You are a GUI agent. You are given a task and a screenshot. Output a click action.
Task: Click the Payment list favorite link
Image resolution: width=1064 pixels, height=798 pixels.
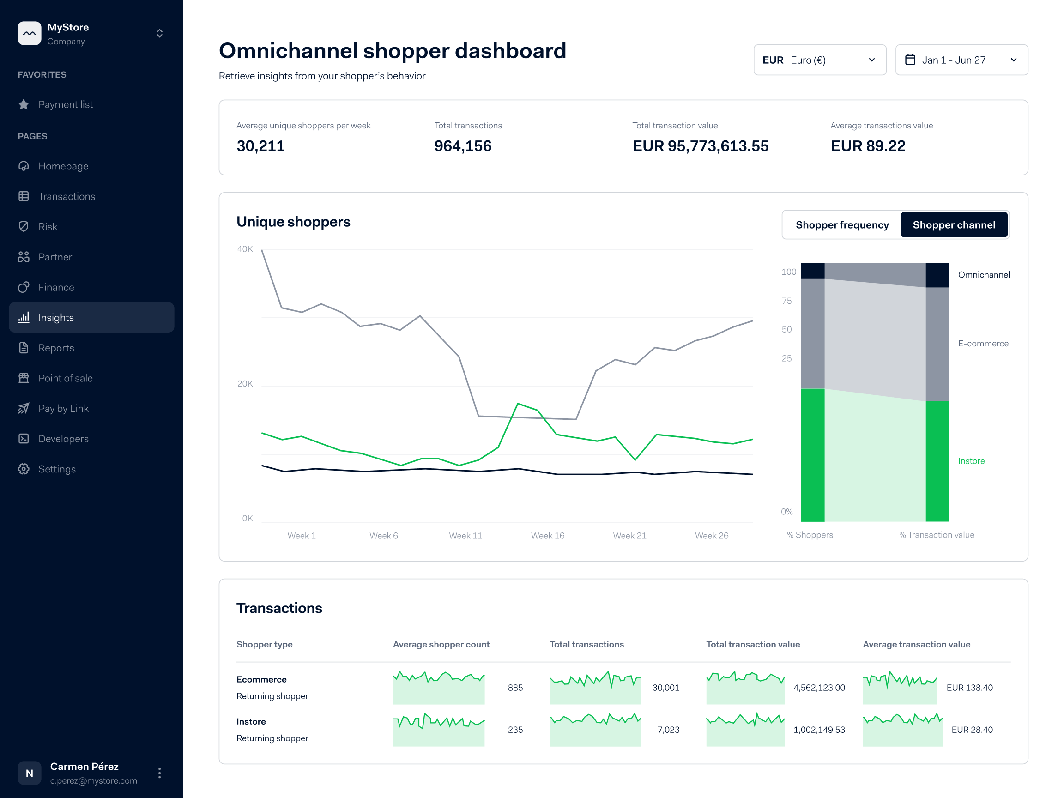(x=66, y=104)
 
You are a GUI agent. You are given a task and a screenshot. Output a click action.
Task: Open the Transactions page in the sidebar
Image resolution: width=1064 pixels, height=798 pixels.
(x=66, y=196)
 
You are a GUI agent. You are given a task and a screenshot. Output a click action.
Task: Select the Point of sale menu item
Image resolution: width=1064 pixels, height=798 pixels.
(x=66, y=378)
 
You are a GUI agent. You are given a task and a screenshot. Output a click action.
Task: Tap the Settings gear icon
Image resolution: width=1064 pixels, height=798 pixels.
(x=24, y=469)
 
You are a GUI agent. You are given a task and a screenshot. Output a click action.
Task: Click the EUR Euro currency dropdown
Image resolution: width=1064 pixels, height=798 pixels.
(x=819, y=60)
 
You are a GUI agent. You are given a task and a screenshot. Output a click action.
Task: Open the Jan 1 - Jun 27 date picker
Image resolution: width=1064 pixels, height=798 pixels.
(x=961, y=60)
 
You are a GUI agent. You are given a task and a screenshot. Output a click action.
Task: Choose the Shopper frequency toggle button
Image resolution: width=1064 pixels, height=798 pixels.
(x=842, y=224)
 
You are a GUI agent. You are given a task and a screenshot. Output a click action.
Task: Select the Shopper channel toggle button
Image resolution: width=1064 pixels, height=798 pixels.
(x=953, y=224)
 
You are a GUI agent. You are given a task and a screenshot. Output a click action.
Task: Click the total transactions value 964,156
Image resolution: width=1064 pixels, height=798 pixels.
(x=462, y=146)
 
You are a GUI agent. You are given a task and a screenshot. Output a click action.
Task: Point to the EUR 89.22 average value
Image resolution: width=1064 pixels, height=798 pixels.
(x=868, y=146)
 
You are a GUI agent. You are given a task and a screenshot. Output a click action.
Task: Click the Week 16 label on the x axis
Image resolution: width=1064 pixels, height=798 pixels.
(x=547, y=535)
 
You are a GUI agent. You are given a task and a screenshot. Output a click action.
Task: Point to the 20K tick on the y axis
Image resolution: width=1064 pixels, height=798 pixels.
(x=245, y=384)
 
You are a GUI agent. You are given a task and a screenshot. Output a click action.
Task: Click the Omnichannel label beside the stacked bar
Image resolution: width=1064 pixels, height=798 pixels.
(x=984, y=275)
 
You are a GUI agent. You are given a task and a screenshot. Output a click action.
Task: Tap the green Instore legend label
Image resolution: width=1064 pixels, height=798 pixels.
(x=971, y=461)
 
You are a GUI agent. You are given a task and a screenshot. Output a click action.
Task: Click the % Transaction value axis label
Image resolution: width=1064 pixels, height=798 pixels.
(x=936, y=535)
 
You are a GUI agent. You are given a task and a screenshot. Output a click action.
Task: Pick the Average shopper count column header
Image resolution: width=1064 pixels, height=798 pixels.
(x=441, y=644)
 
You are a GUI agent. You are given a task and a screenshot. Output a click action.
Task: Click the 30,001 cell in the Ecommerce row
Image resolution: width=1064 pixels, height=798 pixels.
(x=665, y=688)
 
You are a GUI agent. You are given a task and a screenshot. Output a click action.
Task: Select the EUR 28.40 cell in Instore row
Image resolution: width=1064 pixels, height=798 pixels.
(x=972, y=730)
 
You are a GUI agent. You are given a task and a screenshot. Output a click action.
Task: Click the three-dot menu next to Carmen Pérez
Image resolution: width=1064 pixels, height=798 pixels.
(x=160, y=773)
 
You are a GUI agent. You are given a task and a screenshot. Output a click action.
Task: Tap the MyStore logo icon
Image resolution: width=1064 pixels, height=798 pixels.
(x=30, y=33)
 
